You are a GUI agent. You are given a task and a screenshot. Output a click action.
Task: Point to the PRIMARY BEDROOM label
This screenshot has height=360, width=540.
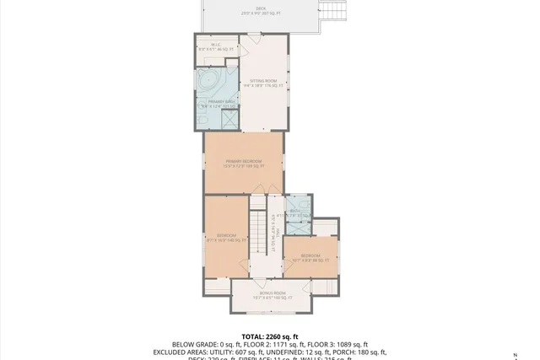(x=243, y=163)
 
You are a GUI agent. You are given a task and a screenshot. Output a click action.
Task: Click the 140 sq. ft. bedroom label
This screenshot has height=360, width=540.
(x=226, y=238)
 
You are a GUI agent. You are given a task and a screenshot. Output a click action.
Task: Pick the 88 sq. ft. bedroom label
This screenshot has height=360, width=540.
(x=310, y=257)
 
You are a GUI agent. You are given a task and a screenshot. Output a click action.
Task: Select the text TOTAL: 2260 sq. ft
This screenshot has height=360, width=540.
(x=269, y=335)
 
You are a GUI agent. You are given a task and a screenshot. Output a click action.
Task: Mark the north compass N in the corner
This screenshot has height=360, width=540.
(x=527, y=354)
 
